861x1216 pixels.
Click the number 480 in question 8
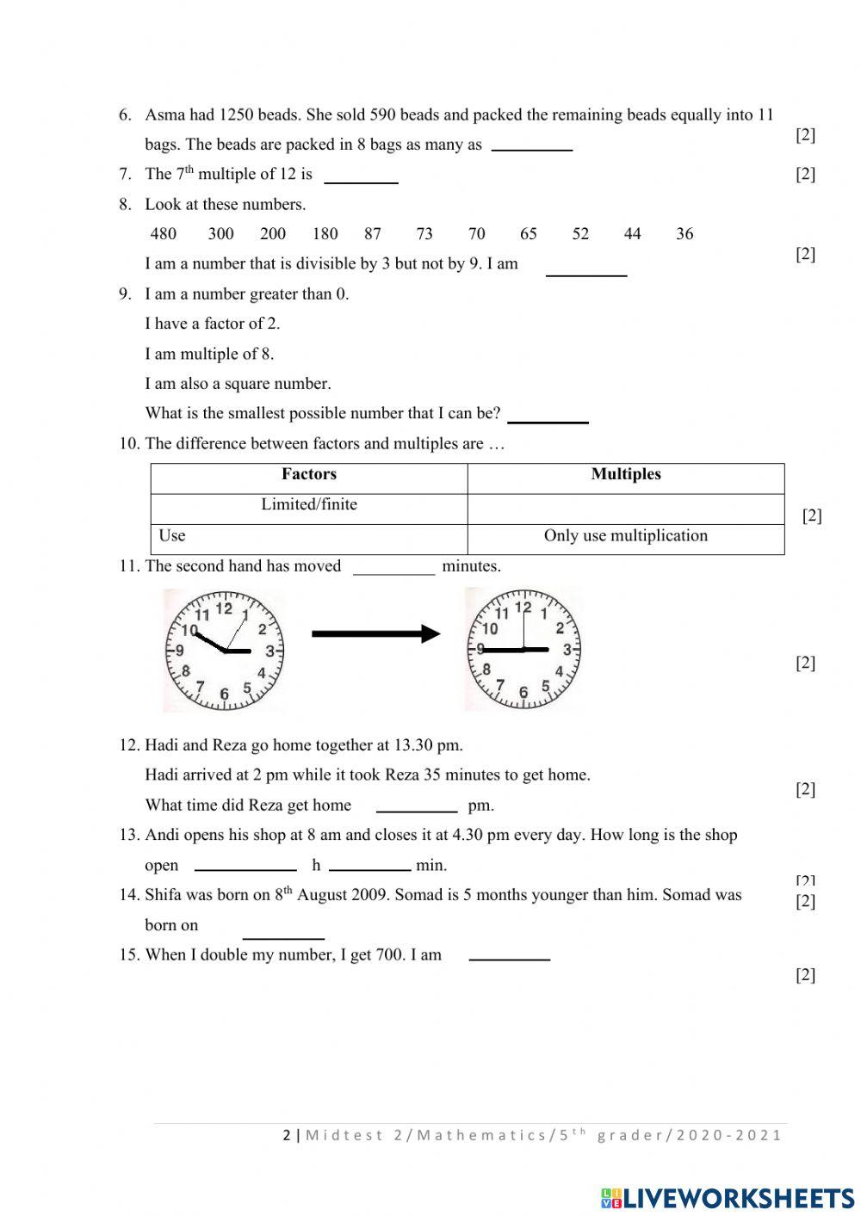tap(163, 234)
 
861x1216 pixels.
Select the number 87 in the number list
tap(372, 234)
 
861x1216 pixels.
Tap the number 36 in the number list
tap(684, 234)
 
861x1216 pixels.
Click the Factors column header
tap(309, 474)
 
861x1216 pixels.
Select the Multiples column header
tap(626, 474)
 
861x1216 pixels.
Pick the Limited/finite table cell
tap(309, 505)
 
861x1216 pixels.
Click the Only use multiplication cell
tap(626, 536)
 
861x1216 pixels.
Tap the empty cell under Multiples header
tap(626, 508)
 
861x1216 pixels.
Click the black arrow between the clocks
tap(375, 634)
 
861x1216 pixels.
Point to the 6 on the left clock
tap(224, 694)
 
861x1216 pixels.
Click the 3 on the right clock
tap(567, 650)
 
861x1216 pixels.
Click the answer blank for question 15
tap(510, 954)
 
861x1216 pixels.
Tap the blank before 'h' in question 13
tap(245, 865)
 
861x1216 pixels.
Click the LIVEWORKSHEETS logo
tap(728, 1198)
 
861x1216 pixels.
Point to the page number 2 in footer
tap(287, 1135)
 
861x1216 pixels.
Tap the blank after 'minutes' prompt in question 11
tap(394, 568)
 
